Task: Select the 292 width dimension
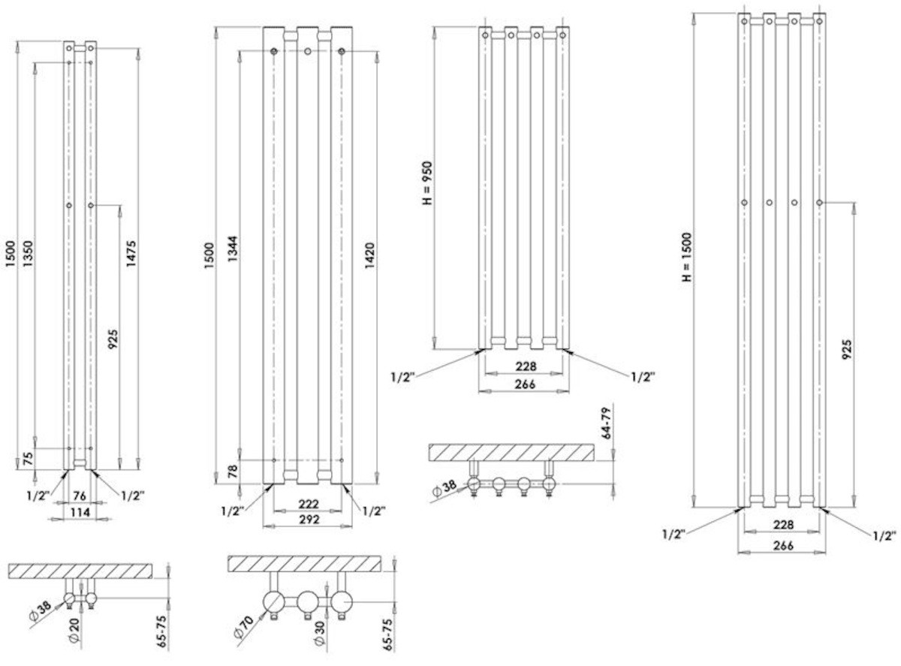click(309, 519)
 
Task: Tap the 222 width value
click(309, 503)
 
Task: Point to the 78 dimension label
click(232, 472)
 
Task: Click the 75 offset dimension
click(28, 459)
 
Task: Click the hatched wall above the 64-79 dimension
click(511, 453)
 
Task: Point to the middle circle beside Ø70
click(309, 602)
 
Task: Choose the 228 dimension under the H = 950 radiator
click(524, 366)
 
